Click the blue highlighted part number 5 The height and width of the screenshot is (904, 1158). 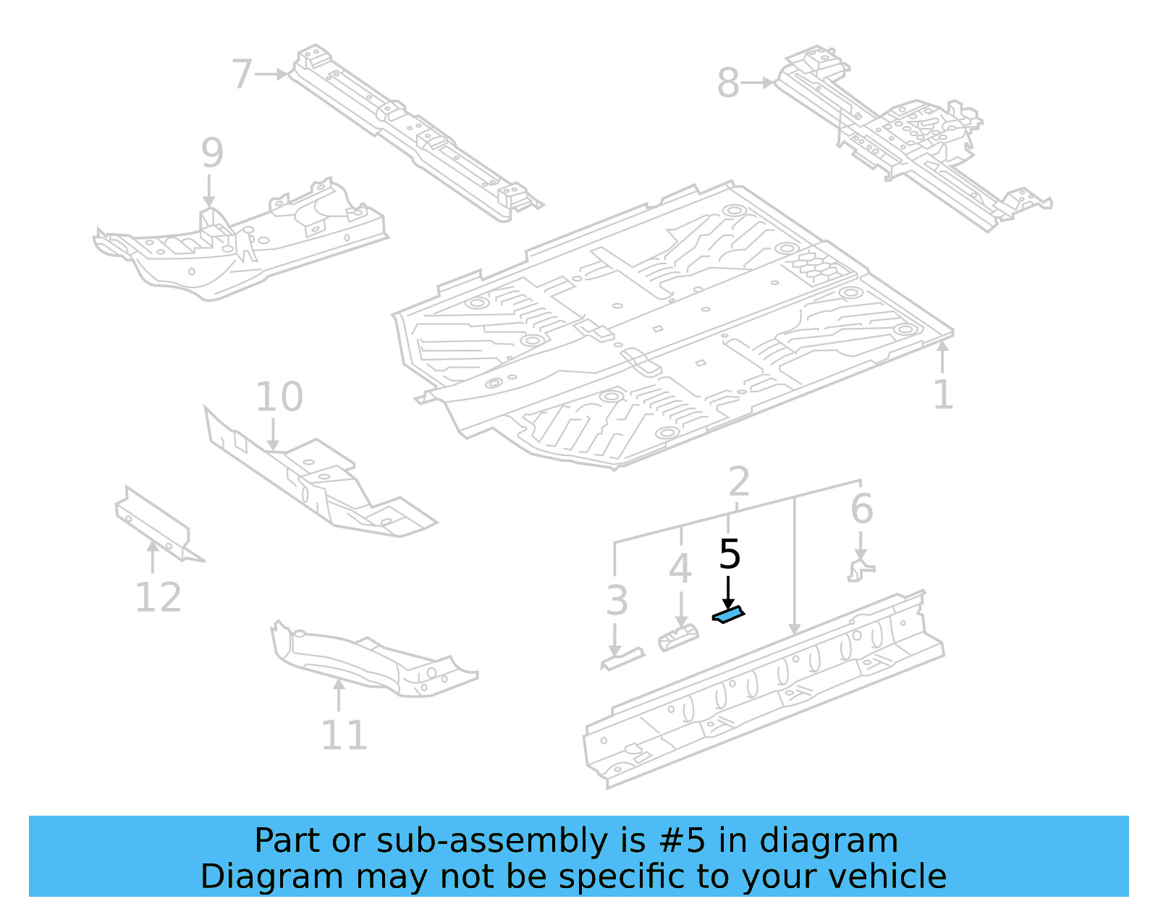[728, 616]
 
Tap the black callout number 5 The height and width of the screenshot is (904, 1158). [730, 555]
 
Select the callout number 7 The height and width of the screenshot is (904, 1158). [242, 75]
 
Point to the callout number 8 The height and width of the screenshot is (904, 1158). [728, 83]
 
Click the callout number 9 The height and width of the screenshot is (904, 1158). [211, 153]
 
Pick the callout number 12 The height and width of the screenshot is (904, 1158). [159, 598]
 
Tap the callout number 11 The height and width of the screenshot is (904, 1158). [345, 735]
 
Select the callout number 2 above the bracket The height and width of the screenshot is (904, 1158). [738, 481]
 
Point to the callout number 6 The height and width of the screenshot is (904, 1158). [861, 509]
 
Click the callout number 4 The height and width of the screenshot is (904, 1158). [680, 569]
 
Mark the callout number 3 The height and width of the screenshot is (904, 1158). [617, 601]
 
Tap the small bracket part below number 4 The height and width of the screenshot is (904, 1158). [678, 639]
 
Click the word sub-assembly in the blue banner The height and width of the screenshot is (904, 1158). [492, 841]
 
